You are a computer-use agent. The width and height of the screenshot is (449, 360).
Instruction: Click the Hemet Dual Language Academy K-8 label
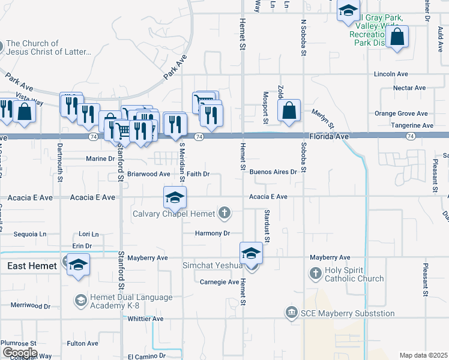[x=131, y=301]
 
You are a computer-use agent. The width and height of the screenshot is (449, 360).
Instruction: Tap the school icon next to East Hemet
[x=78, y=265]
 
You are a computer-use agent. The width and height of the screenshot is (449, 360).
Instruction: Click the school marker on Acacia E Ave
[x=175, y=197]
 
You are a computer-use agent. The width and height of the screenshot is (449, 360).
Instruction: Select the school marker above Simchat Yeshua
[x=252, y=253]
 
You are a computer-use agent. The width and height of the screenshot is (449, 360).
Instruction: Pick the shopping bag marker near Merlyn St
[x=289, y=110]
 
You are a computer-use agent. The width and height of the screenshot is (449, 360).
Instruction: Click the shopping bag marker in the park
[x=397, y=37]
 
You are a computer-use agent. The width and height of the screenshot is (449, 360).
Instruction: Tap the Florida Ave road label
[x=330, y=137]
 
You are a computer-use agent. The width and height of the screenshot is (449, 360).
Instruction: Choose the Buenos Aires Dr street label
[x=273, y=172]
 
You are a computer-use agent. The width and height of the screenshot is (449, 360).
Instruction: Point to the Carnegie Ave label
[x=220, y=282]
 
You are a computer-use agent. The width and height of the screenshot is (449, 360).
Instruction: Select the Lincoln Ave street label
[x=391, y=74]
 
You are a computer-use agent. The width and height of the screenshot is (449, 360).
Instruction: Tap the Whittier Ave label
[x=145, y=319]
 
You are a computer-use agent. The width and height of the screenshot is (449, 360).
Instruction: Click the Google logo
[x=19, y=353]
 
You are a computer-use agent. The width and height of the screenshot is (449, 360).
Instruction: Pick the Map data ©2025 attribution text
[x=423, y=355]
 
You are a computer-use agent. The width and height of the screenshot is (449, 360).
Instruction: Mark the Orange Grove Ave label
[x=401, y=113]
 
